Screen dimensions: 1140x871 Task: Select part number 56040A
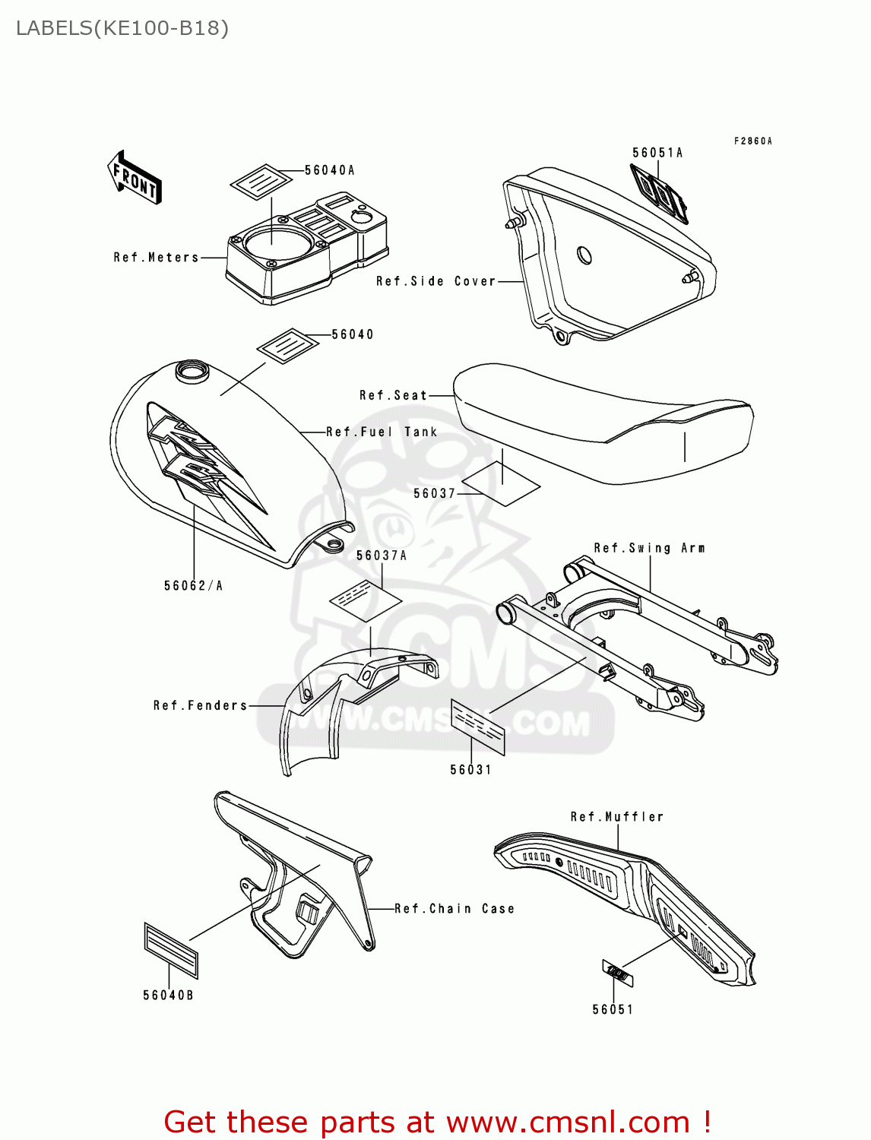point(329,170)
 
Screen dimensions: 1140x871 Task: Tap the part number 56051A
point(657,153)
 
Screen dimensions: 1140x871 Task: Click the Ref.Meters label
point(156,258)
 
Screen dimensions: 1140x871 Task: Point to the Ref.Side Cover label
point(435,281)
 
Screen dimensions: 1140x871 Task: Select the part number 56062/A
point(193,585)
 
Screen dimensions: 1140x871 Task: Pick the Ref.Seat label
point(393,395)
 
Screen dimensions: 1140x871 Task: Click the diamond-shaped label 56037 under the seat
point(502,483)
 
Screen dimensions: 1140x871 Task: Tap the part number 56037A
point(382,556)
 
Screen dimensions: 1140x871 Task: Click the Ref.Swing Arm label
point(649,548)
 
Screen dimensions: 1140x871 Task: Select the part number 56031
point(470,770)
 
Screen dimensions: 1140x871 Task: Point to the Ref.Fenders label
point(201,705)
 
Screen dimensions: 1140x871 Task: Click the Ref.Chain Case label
point(455,909)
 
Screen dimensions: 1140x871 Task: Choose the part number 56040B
point(168,996)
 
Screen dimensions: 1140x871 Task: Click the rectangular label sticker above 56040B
point(171,950)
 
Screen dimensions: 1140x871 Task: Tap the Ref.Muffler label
point(617,817)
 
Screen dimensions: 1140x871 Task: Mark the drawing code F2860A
point(752,141)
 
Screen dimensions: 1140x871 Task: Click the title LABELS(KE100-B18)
point(122,28)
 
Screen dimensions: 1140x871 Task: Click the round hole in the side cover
point(584,255)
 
